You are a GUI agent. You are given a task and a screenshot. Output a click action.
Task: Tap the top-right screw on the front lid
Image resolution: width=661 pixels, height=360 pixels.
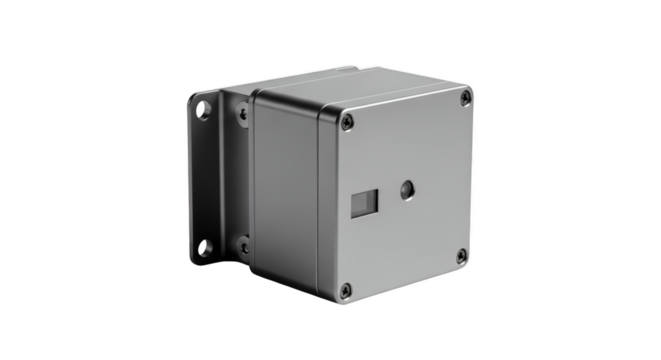pos(465,97)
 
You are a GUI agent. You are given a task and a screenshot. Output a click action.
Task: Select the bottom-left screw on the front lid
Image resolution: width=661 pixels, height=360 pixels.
pos(345,290)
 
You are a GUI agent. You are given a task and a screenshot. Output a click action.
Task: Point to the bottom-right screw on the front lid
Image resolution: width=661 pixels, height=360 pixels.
pos(462,257)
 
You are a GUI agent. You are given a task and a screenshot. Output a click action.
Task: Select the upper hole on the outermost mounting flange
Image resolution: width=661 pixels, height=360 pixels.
pos(205,103)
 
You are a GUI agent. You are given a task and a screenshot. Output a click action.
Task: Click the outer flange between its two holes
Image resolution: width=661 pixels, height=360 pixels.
pos(204,175)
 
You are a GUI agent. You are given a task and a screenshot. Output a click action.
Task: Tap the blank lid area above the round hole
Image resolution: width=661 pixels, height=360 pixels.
pos(405,140)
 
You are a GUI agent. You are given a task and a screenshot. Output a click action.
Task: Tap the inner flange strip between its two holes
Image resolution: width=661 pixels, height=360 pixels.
pos(240,180)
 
